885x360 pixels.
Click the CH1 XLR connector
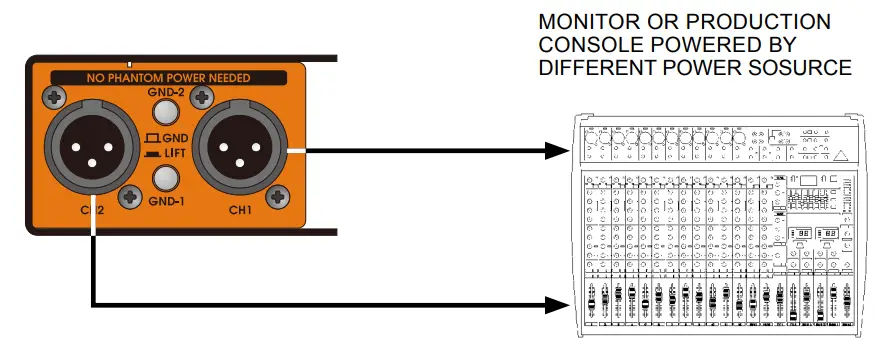[240, 151]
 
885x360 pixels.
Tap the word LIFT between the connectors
[172, 152]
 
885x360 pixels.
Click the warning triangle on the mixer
[840, 155]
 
